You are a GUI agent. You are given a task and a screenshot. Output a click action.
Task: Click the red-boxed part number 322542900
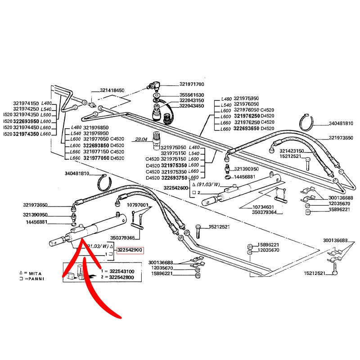[130, 250]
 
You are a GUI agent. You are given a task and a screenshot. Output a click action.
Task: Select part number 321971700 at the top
[192, 84]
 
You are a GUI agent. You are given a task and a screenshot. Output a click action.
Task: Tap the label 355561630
[192, 95]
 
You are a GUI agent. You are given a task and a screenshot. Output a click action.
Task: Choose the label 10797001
[138, 205]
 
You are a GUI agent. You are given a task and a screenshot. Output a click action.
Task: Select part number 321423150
[292, 151]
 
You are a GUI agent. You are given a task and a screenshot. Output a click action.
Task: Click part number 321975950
[247, 98]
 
